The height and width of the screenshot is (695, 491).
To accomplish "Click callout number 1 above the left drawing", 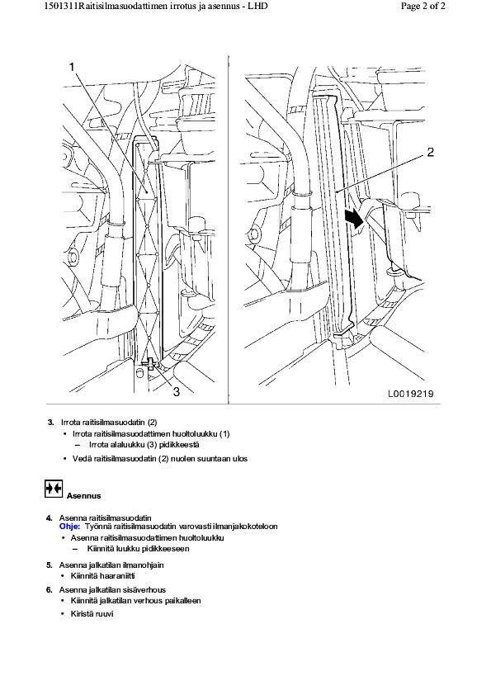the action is (x=72, y=67).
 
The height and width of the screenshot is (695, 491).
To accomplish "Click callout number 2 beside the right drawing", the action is (x=430, y=152).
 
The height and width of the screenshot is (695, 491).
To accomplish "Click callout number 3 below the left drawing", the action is (x=177, y=391).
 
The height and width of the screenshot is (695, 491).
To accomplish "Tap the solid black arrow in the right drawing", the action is (x=354, y=220).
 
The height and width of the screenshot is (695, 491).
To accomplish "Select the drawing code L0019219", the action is (x=411, y=393).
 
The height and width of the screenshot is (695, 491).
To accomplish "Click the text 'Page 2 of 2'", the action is (x=423, y=6).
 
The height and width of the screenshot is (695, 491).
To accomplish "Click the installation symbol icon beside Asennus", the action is (x=54, y=489).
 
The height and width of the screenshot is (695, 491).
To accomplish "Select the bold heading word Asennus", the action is (x=83, y=495).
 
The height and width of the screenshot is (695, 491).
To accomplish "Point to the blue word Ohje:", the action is (x=69, y=526).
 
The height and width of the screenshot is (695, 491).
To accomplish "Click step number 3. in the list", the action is (x=51, y=422).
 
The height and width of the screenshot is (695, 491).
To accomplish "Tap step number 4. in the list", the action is (x=50, y=518).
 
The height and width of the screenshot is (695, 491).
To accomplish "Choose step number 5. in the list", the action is (x=50, y=565).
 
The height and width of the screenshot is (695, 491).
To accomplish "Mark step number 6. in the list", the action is (x=50, y=589).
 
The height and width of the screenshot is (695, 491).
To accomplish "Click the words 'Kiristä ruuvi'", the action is (x=92, y=614).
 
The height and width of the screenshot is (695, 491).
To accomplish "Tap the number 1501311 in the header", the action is (x=60, y=6).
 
